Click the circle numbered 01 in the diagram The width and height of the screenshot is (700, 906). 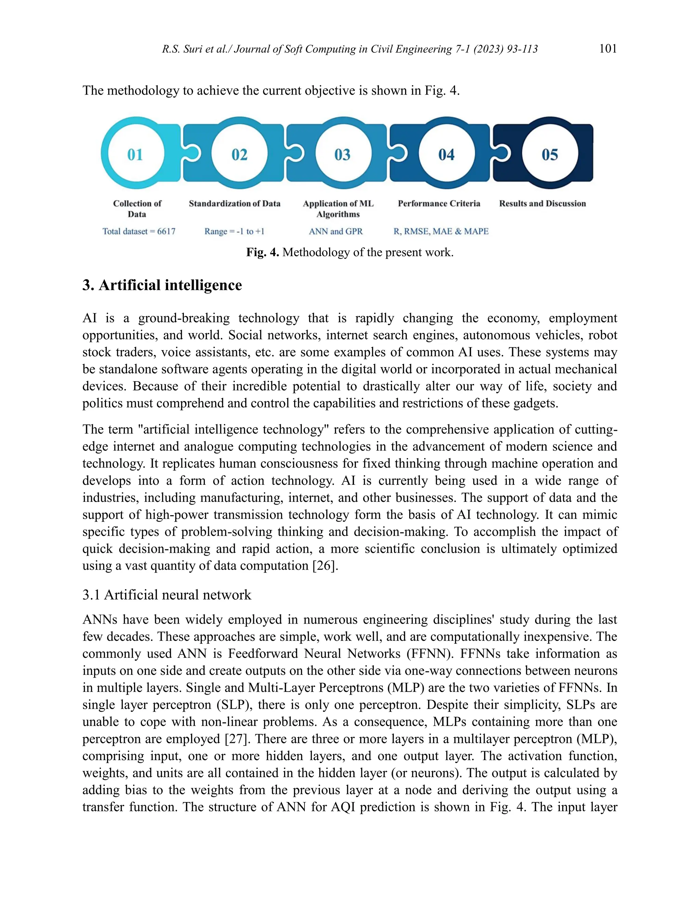point(135,154)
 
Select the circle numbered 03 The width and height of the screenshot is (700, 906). point(342,154)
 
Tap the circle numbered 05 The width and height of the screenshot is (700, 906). point(550,154)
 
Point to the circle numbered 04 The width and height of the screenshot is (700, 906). point(446,154)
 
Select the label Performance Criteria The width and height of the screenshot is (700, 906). point(439,204)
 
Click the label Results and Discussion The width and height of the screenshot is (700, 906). point(542,204)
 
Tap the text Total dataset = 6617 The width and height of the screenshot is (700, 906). point(139,231)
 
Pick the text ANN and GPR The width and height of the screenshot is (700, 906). point(336,231)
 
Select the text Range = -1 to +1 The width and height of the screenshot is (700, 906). point(234,231)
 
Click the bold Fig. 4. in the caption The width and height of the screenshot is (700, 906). point(262,252)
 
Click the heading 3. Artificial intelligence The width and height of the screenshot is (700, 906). point(162,285)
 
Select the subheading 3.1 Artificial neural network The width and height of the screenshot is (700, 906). point(167,595)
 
